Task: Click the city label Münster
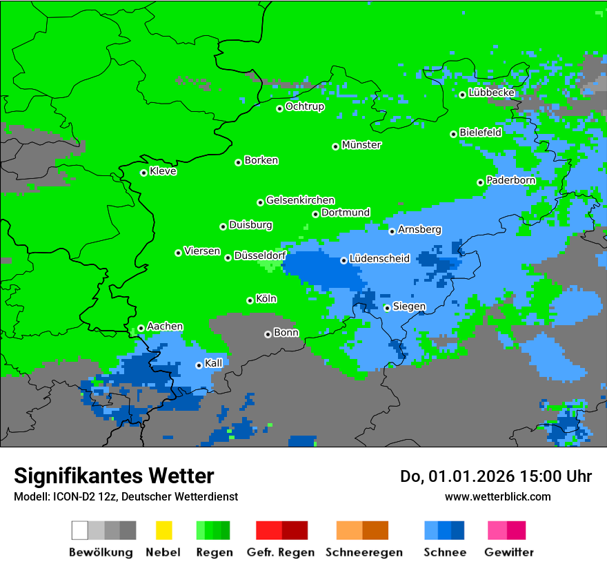click(361, 145)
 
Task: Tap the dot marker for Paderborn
click(481, 182)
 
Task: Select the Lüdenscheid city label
click(379, 259)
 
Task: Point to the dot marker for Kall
click(199, 365)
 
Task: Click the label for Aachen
click(165, 327)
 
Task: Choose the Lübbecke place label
click(492, 93)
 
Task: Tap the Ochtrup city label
click(305, 107)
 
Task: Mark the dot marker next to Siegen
click(388, 308)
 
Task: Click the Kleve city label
click(163, 171)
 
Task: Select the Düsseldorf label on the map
click(260, 255)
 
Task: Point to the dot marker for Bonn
click(268, 334)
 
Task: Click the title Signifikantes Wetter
click(114, 476)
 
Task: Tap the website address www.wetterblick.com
click(497, 496)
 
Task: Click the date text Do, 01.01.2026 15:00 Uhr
click(496, 476)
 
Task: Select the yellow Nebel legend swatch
click(163, 530)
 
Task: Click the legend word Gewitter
click(509, 552)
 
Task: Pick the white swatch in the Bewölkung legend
click(80, 530)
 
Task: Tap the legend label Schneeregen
click(364, 552)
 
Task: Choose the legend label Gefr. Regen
click(281, 552)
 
